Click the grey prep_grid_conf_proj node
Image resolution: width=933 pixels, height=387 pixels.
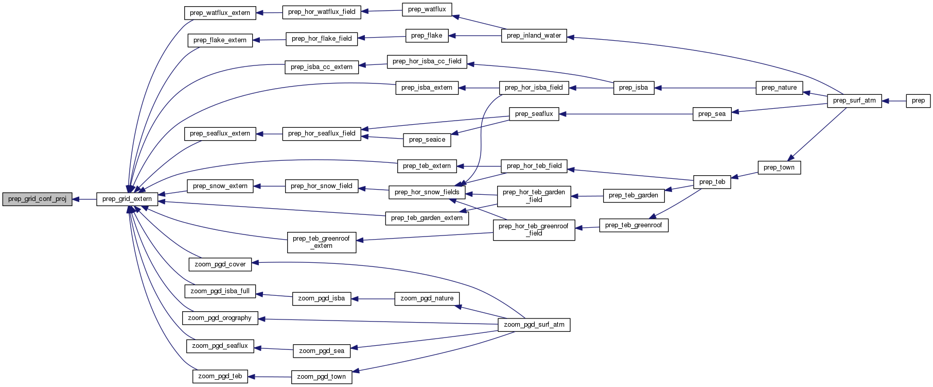click(x=37, y=199)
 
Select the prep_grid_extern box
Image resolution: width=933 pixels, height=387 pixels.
click(x=127, y=199)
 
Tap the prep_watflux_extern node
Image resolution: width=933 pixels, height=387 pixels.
click(x=220, y=13)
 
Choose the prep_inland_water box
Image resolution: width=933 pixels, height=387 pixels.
click(x=534, y=36)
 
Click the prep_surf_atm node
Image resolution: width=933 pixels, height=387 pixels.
click(x=854, y=100)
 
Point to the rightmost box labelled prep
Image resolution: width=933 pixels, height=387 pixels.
click(x=918, y=100)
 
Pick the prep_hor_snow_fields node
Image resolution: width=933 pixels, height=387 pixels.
click(x=427, y=192)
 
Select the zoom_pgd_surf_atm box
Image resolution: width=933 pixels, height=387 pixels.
click(x=534, y=325)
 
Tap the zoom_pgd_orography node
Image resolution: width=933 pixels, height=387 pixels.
click(x=220, y=318)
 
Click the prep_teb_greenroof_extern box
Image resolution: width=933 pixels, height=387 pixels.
click(x=321, y=242)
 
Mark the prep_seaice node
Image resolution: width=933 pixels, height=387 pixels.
click(x=427, y=140)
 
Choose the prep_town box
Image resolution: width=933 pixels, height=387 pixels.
click(x=779, y=167)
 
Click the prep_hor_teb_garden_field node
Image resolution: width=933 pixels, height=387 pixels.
click(x=534, y=196)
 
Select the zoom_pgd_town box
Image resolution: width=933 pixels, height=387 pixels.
click(x=322, y=377)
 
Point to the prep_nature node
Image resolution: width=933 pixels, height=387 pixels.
click(x=779, y=88)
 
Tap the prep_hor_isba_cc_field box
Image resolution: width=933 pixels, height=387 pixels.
click(x=427, y=61)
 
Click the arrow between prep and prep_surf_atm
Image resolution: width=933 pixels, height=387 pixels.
click(x=893, y=101)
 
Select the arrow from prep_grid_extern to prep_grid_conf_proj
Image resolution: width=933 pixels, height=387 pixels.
click(x=84, y=199)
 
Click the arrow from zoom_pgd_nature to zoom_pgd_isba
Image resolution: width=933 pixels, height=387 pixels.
click(x=373, y=299)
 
